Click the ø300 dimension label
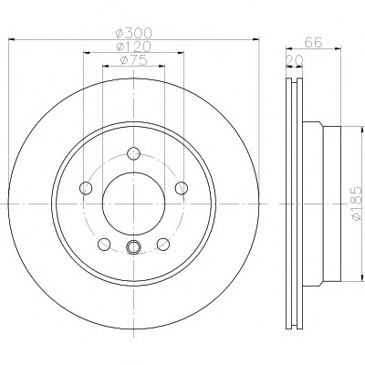pos(133,32)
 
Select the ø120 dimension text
pos(133,47)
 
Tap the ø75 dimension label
pos(134,60)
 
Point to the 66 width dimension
pos(313,42)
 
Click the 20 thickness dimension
pos(295,60)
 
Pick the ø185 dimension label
pos(357,203)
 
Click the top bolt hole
pos(133,153)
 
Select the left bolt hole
pos(86,188)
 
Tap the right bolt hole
pos(182,188)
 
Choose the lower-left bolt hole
pos(104,244)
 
